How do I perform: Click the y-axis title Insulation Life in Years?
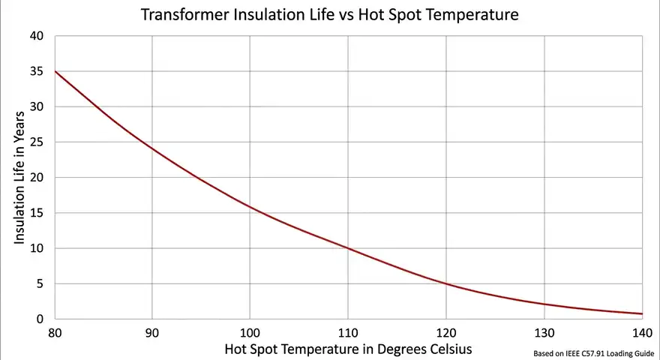[x=20, y=178]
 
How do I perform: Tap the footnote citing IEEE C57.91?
[x=592, y=352]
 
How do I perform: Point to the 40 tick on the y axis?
[x=37, y=36]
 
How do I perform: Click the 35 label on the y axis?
[x=37, y=72]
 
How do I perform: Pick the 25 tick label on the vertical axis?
[x=37, y=142]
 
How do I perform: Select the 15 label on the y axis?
[x=37, y=213]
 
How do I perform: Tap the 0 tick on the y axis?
[x=40, y=319]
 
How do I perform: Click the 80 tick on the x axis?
[x=54, y=332]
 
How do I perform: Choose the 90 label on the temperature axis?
[x=152, y=332]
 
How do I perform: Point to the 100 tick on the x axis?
[x=250, y=332]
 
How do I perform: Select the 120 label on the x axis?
[x=446, y=332]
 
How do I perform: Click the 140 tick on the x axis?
[x=642, y=332]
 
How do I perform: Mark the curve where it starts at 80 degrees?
[x=55, y=71]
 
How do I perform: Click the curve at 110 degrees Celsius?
[x=348, y=248]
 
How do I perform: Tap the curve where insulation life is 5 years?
[x=446, y=283]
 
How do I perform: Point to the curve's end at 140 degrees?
[x=642, y=313]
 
